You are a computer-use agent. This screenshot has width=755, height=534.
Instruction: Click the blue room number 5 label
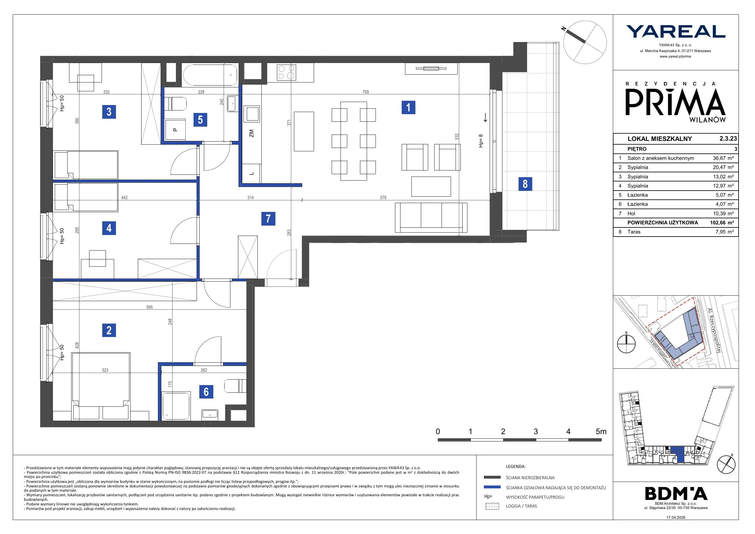(x=200, y=119)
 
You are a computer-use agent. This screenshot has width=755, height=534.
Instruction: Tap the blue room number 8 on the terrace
(x=525, y=184)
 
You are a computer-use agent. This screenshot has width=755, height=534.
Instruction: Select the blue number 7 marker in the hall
(x=268, y=219)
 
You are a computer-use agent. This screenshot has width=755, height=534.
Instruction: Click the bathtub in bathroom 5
(x=210, y=75)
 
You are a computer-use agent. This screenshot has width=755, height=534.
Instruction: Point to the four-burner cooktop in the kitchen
(x=286, y=72)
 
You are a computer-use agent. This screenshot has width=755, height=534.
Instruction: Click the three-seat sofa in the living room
(x=431, y=217)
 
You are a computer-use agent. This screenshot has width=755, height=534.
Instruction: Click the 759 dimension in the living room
(x=366, y=92)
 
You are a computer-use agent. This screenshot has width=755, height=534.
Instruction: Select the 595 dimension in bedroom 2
(x=149, y=307)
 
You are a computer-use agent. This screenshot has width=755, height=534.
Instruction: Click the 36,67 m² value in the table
(x=723, y=158)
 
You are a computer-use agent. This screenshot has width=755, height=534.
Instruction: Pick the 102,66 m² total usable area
(x=722, y=223)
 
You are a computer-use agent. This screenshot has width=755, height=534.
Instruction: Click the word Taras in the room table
(x=634, y=232)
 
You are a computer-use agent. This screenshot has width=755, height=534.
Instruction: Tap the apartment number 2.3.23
(x=728, y=139)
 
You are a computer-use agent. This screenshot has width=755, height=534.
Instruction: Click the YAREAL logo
(x=676, y=32)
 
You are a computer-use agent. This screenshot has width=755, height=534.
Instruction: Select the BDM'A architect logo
(x=676, y=493)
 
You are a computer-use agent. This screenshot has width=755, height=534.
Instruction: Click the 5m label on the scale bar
(x=601, y=432)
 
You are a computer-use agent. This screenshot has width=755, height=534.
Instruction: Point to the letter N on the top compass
(x=564, y=29)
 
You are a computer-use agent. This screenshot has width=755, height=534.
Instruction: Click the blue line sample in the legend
(x=492, y=487)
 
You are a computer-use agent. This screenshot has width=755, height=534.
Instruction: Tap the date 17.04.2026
(x=676, y=518)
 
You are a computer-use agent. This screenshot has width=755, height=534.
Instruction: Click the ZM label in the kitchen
(x=252, y=133)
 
